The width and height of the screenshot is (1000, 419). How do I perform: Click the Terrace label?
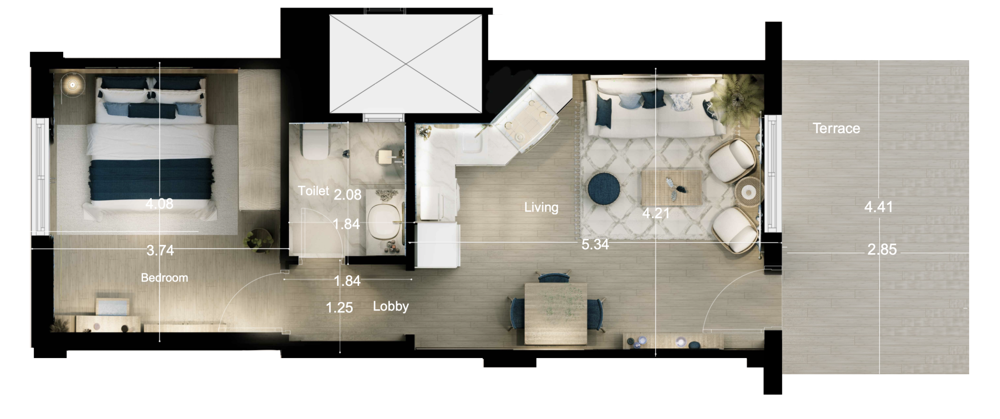(836, 128)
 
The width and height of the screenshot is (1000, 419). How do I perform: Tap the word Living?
(541, 207)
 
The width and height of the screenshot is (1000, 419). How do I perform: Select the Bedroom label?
(164, 278)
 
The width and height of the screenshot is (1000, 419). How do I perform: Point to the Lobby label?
(391, 306)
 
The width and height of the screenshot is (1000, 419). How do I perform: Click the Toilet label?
(313, 191)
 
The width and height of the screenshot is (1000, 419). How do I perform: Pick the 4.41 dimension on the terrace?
(879, 207)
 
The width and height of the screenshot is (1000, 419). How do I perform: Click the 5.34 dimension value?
(595, 244)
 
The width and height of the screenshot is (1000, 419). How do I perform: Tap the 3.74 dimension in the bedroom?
(160, 250)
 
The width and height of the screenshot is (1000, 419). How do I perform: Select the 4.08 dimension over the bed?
(159, 203)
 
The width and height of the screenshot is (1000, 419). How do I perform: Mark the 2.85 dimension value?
(882, 250)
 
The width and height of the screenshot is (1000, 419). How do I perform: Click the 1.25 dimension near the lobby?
(339, 308)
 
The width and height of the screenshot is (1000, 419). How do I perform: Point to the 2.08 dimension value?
(347, 194)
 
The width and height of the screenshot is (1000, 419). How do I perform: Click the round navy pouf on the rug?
(604, 188)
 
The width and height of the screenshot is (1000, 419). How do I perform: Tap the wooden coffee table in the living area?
(671, 187)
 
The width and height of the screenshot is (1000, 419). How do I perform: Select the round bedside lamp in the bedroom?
(72, 84)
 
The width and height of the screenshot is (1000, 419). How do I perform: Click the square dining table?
(555, 314)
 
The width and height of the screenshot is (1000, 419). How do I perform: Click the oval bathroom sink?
(384, 222)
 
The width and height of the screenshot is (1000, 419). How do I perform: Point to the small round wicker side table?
(749, 192)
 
